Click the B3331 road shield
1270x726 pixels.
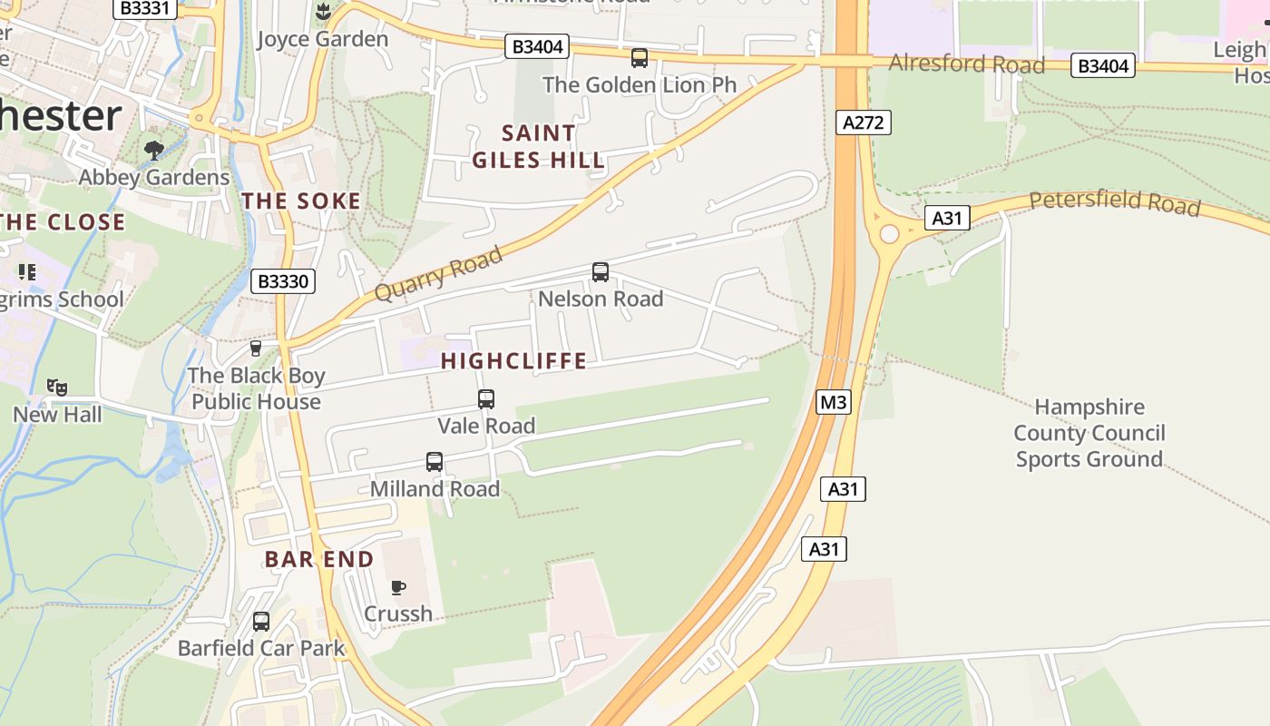point(144,8)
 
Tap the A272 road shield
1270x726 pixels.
point(862,123)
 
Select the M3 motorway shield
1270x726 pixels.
point(834,402)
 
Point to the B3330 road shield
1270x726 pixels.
point(283,281)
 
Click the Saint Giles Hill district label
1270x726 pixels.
point(538,147)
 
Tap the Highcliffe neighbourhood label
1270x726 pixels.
point(513,361)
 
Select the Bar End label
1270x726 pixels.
point(319,559)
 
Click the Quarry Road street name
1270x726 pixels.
point(438,274)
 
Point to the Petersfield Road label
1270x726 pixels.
point(1114,201)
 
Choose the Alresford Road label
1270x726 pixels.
point(966,64)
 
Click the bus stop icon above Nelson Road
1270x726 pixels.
point(601,272)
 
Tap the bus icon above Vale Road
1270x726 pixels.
point(486,399)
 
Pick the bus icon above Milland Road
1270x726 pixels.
point(435,462)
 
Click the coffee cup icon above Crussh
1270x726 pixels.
point(398,588)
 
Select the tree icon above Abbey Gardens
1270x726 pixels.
point(154,150)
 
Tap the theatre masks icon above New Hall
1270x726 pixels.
point(58,388)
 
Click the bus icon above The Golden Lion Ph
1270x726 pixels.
point(640,58)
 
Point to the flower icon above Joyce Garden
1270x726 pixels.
point(322,12)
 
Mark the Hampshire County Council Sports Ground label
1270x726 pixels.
point(1089,433)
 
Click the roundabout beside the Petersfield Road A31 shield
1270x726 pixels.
point(889,234)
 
